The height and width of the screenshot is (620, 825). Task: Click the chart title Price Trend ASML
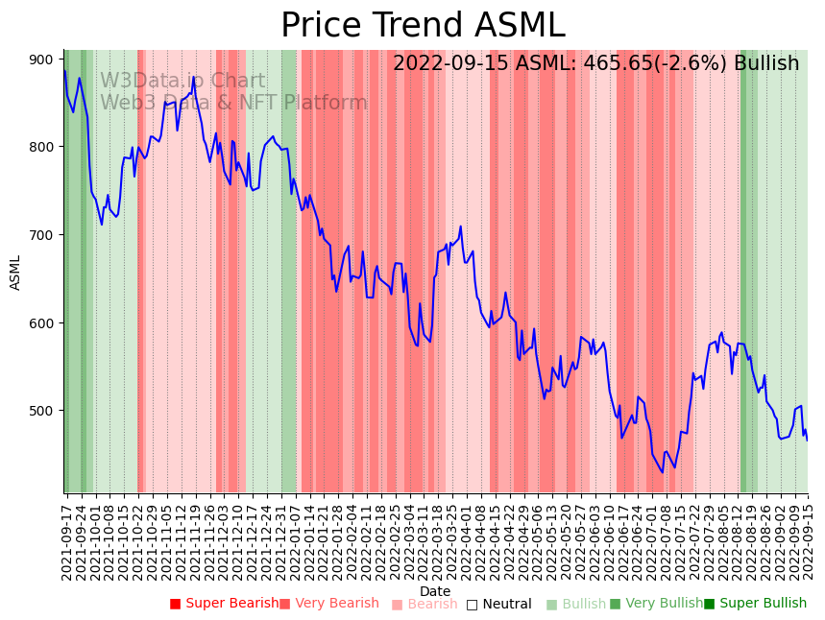point(423,26)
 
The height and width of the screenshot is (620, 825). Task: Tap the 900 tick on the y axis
point(41,60)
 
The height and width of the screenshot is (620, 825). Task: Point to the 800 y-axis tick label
point(41,147)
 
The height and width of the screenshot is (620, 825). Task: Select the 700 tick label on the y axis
point(41,235)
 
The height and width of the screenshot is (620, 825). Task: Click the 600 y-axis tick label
point(41,323)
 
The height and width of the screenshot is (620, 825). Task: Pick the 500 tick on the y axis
point(41,411)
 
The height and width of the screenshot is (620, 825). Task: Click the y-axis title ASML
point(15,272)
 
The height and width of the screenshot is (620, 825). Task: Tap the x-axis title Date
point(435,591)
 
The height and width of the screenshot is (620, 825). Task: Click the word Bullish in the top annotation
point(766,63)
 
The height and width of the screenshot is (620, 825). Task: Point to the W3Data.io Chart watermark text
point(182,81)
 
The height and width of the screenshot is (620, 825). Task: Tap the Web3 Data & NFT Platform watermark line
point(233,103)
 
